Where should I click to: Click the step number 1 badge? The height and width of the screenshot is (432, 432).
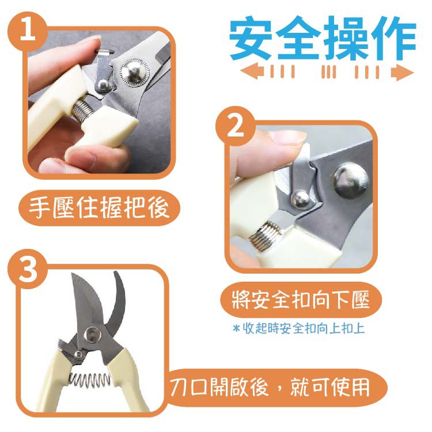tap(28, 32)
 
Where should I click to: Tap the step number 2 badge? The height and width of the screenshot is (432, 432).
tap(235, 126)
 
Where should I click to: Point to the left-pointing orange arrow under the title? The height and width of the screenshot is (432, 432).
tap(252, 71)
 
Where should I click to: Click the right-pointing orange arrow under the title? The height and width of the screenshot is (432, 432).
tap(402, 72)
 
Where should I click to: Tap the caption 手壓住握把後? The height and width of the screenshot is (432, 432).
tap(98, 208)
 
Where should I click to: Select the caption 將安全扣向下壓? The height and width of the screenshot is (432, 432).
tap(301, 300)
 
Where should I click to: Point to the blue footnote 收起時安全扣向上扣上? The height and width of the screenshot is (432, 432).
tap(298, 328)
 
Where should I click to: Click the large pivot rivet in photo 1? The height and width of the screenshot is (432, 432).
tap(134, 72)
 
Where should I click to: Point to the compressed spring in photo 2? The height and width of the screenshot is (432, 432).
tap(266, 236)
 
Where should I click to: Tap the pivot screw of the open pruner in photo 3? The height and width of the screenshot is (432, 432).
tap(92, 335)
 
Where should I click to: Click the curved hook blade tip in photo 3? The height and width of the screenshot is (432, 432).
tap(116, 273)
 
